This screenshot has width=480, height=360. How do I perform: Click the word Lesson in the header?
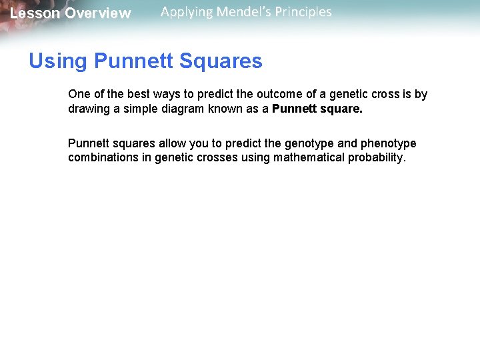[34, 13]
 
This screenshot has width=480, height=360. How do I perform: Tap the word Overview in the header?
[98, 13]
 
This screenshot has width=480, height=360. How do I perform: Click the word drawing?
[89, 109]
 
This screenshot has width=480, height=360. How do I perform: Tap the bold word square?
[342, 109]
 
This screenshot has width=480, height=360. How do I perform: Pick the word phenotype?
[389, 143]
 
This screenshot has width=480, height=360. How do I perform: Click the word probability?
[377, 158]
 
